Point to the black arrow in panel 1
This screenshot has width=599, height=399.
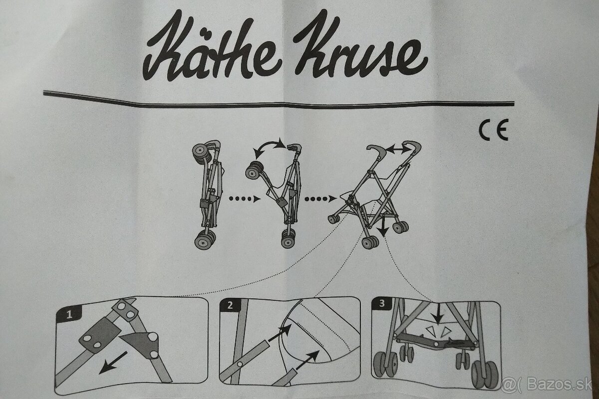(x=112, y=363)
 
